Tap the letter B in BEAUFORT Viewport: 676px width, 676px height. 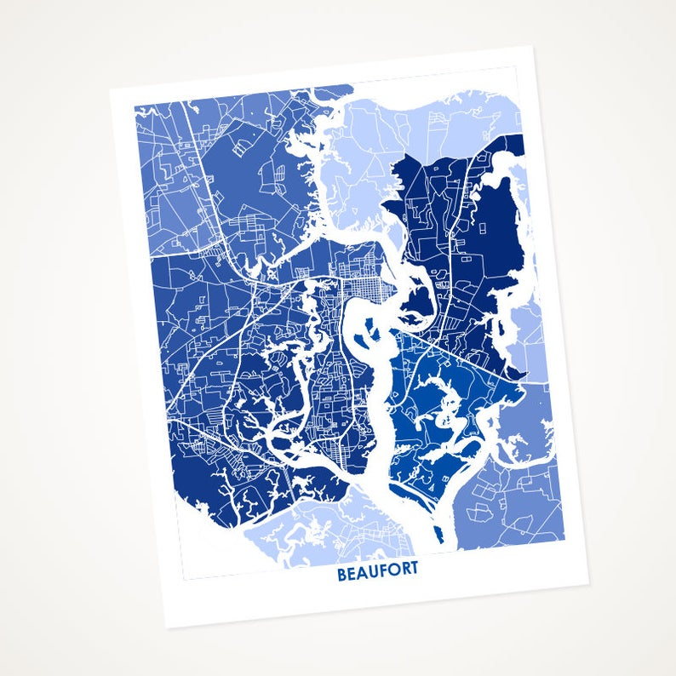point(342,574)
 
